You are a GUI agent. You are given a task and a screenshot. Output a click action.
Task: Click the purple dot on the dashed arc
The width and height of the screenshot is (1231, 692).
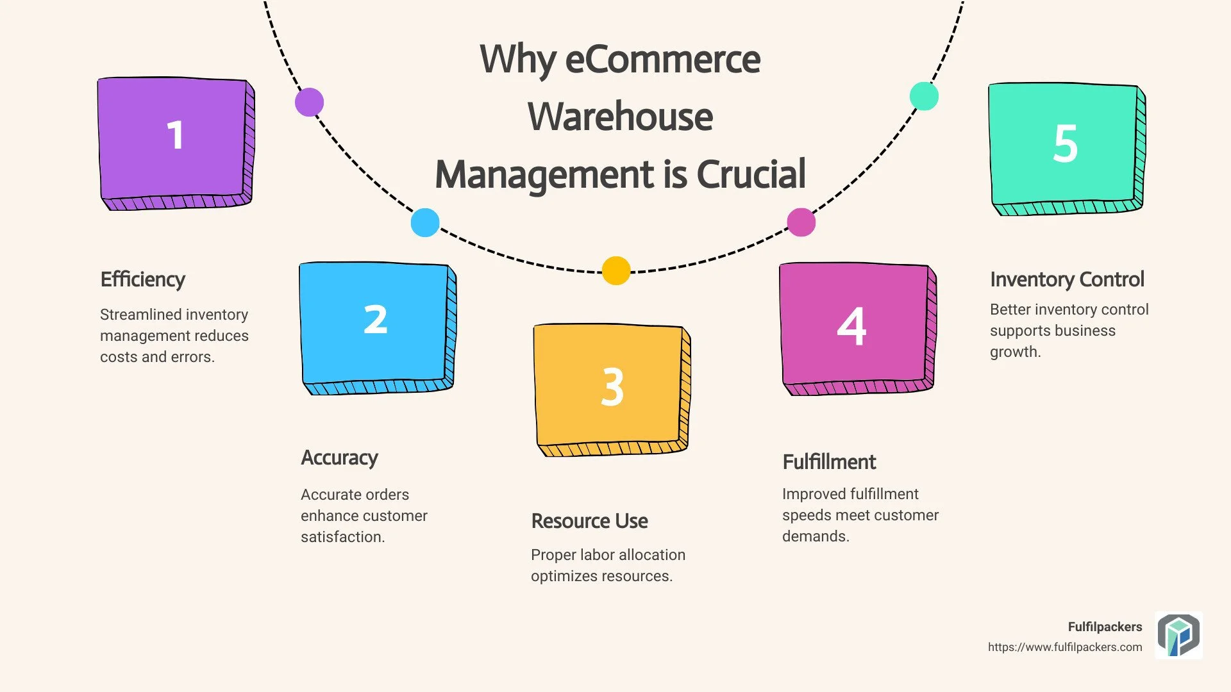pos(310,102)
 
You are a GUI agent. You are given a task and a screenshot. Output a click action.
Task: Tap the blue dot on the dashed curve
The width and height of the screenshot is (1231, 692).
pos(425,222)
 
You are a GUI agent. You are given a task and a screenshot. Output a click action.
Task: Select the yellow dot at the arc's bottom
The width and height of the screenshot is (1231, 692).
pos(616,270)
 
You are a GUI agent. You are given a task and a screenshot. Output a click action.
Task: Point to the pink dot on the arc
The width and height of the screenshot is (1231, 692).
pos(801,222)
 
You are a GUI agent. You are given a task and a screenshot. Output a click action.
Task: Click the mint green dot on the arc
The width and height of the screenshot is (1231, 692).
pos(924,96)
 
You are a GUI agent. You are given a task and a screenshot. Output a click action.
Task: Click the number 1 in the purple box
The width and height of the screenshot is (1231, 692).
pos(175,135)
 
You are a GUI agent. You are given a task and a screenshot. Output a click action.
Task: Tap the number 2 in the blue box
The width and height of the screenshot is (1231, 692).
pos(376,319)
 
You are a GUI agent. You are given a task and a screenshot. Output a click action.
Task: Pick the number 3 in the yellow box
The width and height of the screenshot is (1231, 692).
pos(612,387)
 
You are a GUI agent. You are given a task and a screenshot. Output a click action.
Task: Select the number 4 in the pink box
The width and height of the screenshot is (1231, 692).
pos(851,326)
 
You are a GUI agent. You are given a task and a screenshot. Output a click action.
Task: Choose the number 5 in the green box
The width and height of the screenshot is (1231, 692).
pos(1065,143)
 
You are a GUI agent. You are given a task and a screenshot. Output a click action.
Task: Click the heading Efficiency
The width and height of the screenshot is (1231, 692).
pos(143,280)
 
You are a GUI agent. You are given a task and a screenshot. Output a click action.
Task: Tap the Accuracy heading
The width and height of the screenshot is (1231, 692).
pos(339,458)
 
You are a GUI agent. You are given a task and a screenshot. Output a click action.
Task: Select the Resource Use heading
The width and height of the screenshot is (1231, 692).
pos(589,521)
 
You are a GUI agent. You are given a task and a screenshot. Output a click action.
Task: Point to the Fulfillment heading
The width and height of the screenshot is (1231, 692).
pos(829,462)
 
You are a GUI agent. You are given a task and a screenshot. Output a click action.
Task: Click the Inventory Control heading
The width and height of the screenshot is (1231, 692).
pos(1067,279)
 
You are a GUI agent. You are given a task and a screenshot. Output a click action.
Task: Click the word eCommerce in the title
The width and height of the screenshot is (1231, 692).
pos(663,59)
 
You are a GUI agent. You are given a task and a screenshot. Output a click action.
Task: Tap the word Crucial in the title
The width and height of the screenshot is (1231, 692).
pos(751,174)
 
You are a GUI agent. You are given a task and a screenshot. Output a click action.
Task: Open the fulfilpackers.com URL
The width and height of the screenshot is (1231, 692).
pos(1065,647)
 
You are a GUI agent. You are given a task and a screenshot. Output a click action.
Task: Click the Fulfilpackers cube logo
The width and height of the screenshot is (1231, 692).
pos(1178,635)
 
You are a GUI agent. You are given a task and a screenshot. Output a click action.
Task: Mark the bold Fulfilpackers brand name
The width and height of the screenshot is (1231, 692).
pos(1105,627)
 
